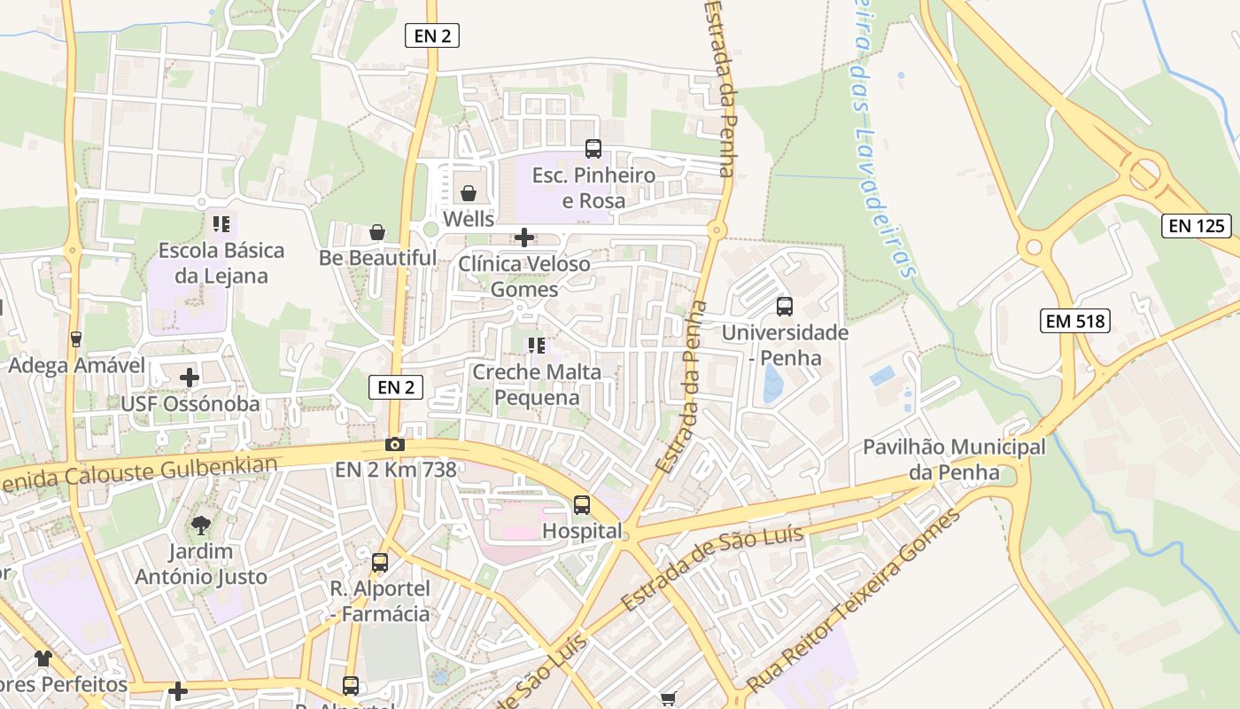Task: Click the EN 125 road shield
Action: [1197, 226]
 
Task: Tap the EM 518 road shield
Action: [1075, 321]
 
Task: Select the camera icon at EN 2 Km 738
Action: [395, 444]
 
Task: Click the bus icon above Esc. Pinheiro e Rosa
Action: [593, 149]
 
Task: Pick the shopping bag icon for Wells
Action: [469, 192]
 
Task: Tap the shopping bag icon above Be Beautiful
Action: [377, 232]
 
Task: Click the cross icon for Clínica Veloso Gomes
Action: [524, 238]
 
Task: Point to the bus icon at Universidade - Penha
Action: [785, 307]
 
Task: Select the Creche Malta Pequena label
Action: [537, 385]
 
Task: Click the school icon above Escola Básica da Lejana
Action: [221, 223]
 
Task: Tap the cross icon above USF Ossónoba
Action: [190, 378]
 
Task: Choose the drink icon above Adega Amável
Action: [75, 339]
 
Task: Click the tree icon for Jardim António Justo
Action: [201, 525]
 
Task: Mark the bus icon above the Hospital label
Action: [582, 505]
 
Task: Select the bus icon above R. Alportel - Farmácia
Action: [380, 562]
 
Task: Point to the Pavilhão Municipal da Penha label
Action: [954, 459]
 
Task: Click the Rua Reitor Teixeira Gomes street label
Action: [854, 603]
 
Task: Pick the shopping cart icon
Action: [670, 699]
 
